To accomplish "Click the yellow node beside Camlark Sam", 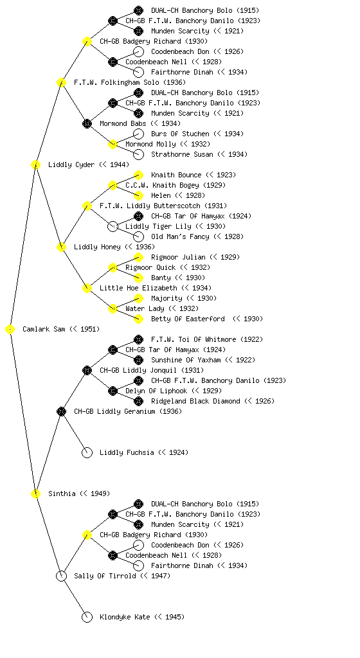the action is (10, 330).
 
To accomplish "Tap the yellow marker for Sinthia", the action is (35, 494).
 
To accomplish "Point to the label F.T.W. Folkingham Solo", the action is (116, 83).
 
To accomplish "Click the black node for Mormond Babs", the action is (87, 124).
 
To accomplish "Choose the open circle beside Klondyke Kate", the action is (87, 618).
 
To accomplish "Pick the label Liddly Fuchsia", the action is (127, 453).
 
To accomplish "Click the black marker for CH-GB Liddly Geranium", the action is (61, 412).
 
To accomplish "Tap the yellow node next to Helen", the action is (138, 195).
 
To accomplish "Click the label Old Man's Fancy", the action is (180, 236).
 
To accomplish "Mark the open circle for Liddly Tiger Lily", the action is (113, 227).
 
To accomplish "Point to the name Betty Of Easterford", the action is (188, 319).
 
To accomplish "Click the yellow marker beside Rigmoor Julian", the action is (138, 257).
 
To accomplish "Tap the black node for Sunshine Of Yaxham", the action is (138, 360).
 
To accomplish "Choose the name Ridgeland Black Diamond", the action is (195, 401).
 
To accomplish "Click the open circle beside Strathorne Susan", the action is (138, 154).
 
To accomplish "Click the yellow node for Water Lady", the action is (113, 309).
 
